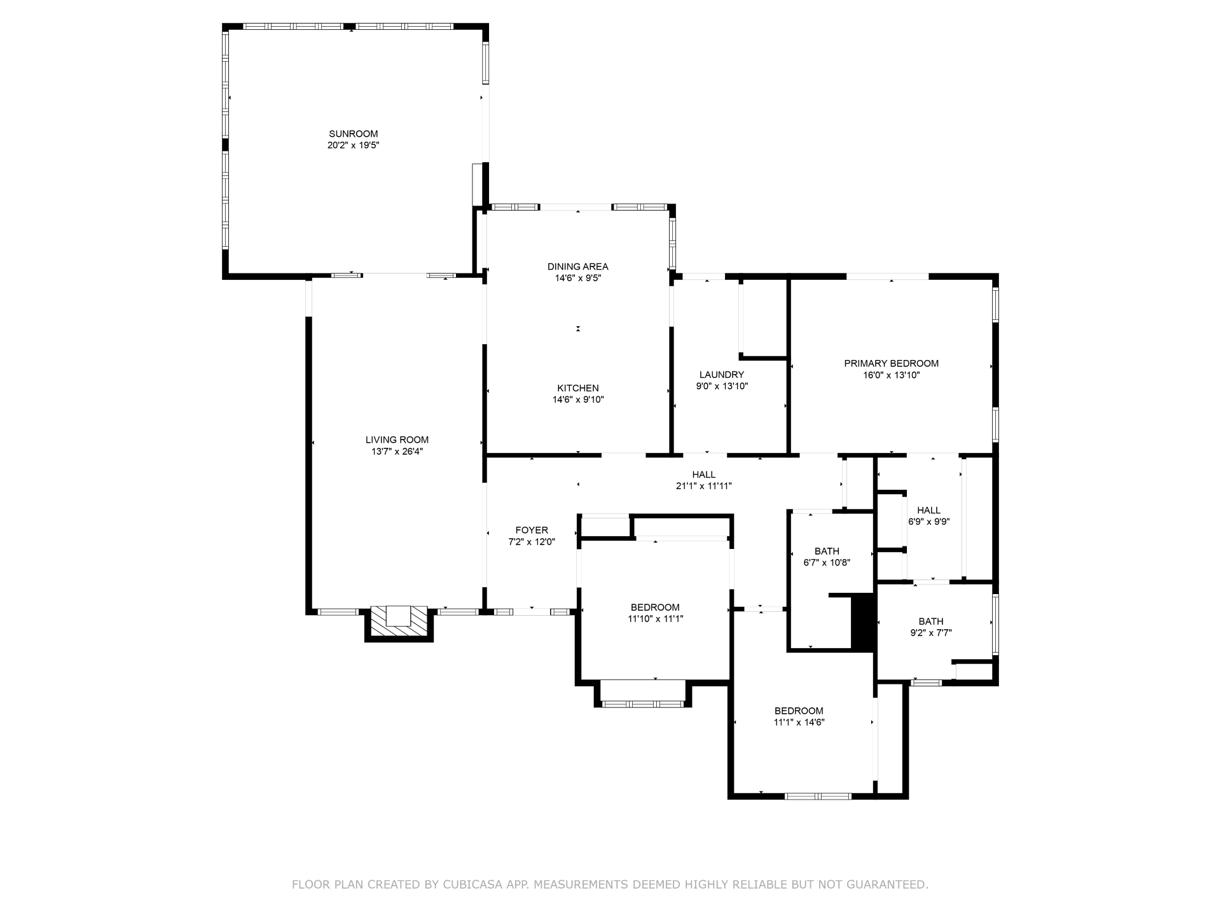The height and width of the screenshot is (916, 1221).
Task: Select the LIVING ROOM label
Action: click(x=397, y=440)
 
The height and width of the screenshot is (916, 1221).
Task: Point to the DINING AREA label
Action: click(x=577, y=267)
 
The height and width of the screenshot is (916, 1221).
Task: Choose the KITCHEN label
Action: click(x=577, y=388)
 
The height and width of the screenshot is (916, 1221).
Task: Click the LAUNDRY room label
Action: click(x=721, y=375)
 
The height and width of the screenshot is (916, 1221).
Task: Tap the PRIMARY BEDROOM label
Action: click(x=891, y=363)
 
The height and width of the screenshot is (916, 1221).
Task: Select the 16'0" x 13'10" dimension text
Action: click(x=891, y=375)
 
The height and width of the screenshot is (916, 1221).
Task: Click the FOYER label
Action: click(x=532, y=530)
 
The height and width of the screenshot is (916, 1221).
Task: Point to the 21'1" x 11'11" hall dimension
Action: click(x=703, y=486)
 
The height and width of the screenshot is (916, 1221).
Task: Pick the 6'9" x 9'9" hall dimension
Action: click(x=928, y=522)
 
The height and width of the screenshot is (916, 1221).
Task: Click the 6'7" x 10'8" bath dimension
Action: click(x=827, y=562)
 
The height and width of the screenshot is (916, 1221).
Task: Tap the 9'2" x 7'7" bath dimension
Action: click(x=931, y=633)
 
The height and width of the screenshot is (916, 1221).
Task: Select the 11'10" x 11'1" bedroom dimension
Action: click(x=655, y=618)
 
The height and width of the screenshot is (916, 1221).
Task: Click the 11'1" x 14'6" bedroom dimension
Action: click(x=799, y=722)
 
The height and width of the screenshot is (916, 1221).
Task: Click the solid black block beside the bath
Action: click(x=863, y=622)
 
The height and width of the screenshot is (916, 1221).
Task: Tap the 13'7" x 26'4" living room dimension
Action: click(x=397, y=452)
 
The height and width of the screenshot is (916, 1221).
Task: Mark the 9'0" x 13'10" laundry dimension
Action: click(x=721, y=386)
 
